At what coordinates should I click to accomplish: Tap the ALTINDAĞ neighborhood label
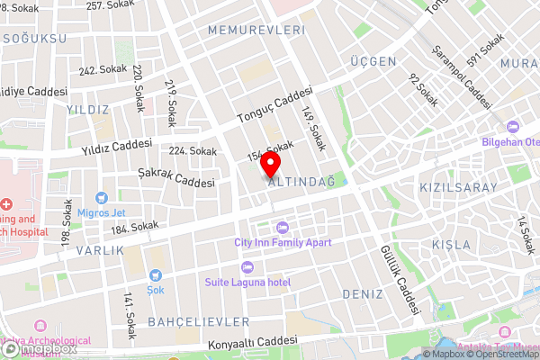tap(301, 182)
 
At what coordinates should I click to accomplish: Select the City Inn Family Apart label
tap(283, 242)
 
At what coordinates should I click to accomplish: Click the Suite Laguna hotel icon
tap(247, 266)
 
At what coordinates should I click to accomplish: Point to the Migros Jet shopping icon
tap(101, 196)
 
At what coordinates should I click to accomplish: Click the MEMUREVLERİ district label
tap(256, 30)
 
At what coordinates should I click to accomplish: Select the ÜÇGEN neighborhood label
tap(373, 61)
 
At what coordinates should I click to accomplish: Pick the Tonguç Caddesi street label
tap(274, 105)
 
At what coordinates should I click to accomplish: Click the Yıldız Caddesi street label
tap(117, 144)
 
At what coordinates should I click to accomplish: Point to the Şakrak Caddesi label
tap(176, 175)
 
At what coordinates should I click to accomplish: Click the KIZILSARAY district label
tap(458, 187)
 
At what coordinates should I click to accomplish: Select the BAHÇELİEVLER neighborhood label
tap(185, 321)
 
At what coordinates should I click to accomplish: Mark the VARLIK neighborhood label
tap(99, 249)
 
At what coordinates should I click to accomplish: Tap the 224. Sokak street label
tap(193, 151)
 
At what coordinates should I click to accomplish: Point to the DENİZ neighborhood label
tap(362, 294)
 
